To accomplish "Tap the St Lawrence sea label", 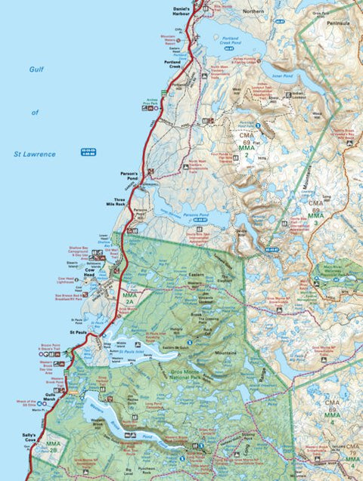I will pyautogui.click(x=35, y=154).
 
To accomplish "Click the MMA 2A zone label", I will pyautogui.click(x=128, y=298).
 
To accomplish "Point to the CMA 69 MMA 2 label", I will pyautogui.click(x=245, y=145).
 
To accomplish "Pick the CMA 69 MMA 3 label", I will pyautogui.click(x=315, y=210).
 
